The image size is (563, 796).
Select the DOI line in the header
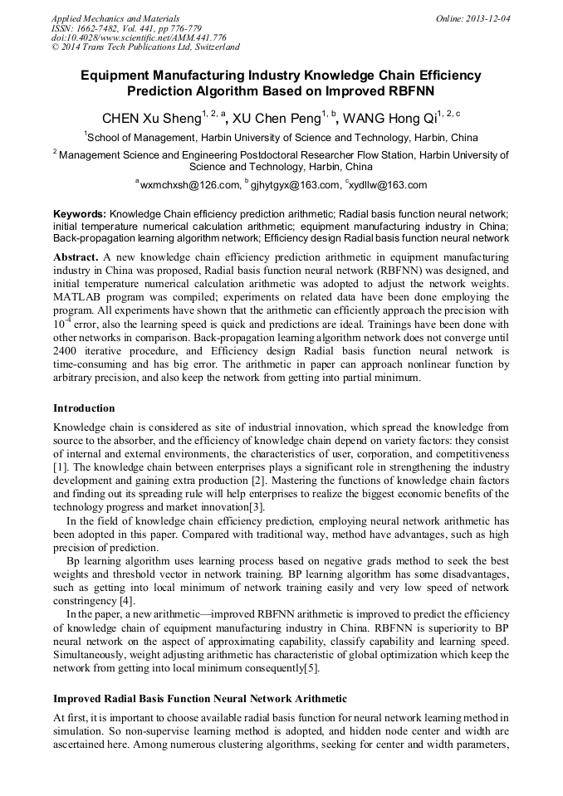(x=139, y=38)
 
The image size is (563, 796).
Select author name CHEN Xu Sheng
(x=150, y=119)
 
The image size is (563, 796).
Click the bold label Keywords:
(x=80, y=214)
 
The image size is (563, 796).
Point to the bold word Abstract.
(x=76, y=257)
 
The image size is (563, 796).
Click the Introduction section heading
(x=84, y=408)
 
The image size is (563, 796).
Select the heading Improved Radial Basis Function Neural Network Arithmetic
(x=200, y=698)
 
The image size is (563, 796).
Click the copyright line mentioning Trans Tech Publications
(x=145, y=48)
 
